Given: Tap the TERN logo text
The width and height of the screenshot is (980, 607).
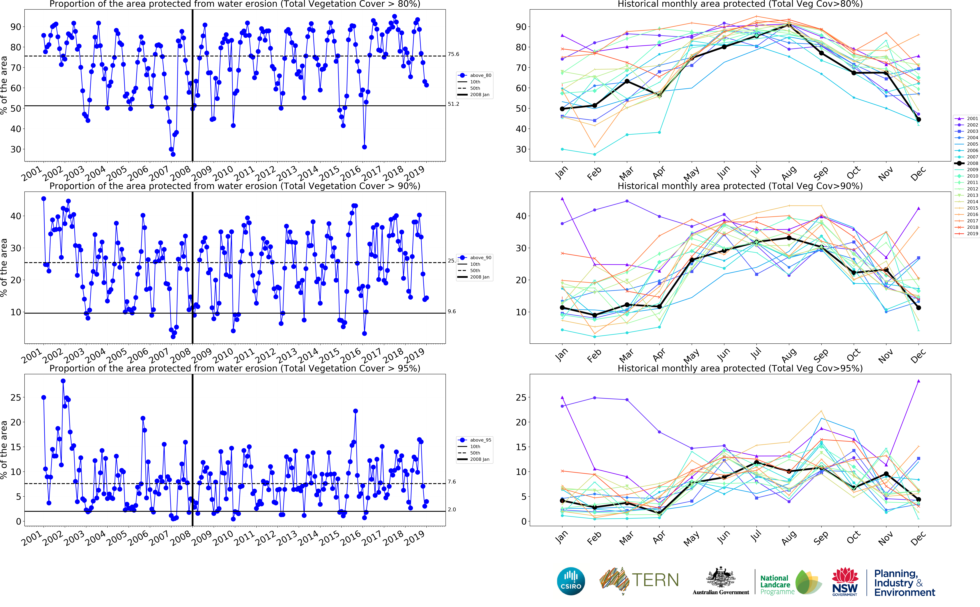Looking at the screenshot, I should tap(655, 581).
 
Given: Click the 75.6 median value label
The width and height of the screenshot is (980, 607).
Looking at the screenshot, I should tap(453, 54).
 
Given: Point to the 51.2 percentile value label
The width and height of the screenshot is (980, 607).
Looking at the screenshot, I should tap(453, 104).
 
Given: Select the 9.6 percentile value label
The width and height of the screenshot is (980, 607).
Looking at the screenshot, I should tap(452, 311).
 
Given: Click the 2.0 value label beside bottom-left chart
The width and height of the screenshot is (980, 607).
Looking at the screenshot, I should tap(452, 509).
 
